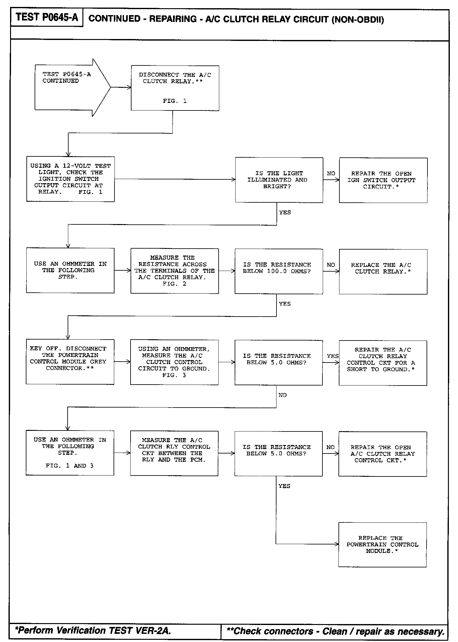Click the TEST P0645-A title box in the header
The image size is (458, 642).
[47, 18]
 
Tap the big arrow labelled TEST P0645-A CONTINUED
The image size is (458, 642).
[69, 87]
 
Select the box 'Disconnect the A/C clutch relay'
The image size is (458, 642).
[175, 88]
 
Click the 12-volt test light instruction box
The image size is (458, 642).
[70, 179]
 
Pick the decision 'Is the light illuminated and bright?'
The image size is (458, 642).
[279, 180]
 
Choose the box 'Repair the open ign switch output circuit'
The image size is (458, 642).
[383, 180]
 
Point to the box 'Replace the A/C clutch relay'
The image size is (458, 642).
[383, 271]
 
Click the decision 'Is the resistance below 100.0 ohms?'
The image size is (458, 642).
[279, 271]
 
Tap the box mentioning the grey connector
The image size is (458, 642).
[70, 362]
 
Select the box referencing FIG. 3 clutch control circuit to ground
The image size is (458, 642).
[174, 362]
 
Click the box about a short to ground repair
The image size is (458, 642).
[383, 363]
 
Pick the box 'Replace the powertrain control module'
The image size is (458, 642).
[382, 544]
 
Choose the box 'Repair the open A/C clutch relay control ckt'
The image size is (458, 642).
[383, 453]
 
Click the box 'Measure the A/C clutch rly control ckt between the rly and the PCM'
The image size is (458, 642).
[174, 453]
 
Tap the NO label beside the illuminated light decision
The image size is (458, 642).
[331, 173]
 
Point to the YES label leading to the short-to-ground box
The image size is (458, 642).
[332, 356]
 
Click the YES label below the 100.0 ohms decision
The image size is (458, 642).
[285, 304]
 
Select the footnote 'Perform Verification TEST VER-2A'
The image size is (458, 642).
[93, 630]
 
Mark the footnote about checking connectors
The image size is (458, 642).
[335, 631]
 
